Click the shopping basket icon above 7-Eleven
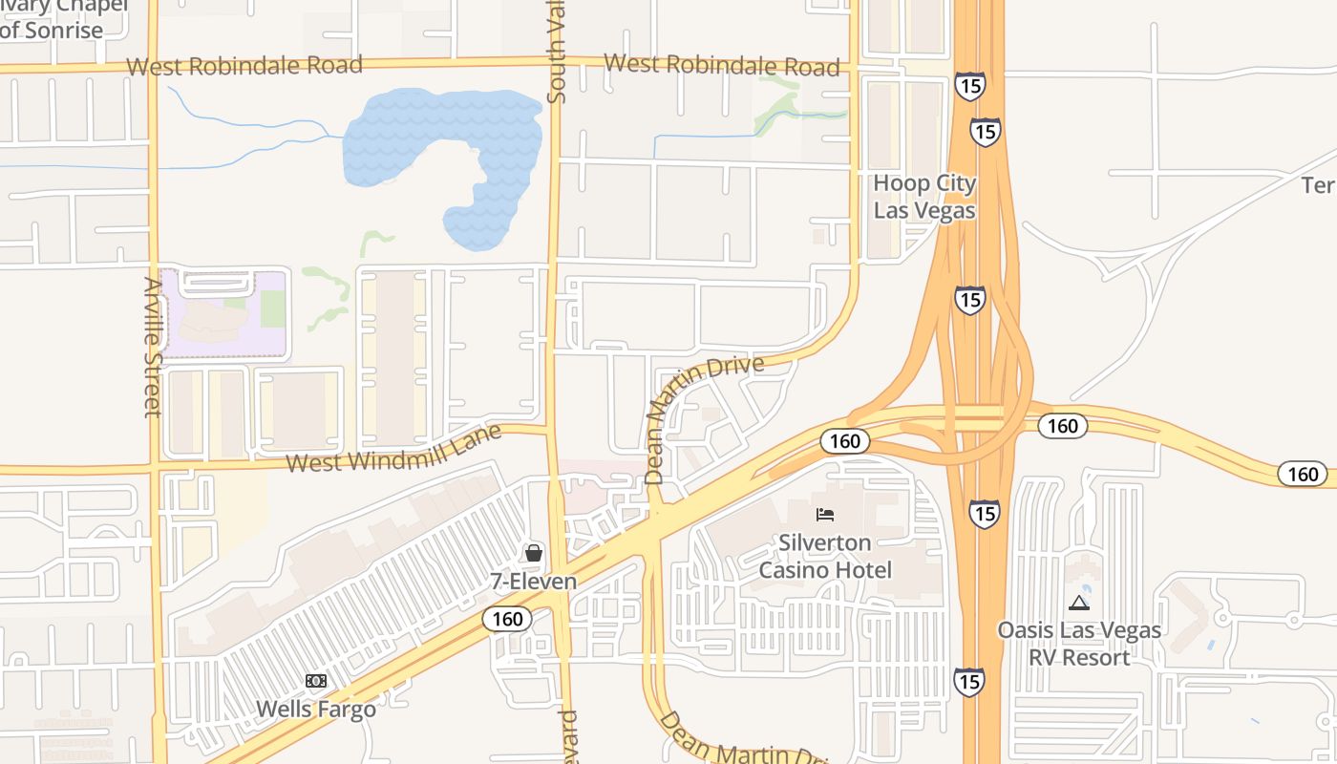(534, 552)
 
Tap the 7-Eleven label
(534, 581)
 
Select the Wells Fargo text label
(316, 710)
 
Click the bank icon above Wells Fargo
(316, 681)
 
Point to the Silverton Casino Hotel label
(825, 557)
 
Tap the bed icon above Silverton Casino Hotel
(825, 515)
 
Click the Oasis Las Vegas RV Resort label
(1079, 644)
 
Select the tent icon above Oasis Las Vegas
(1079, 603)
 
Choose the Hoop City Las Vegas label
(924, 197)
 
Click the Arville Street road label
(153, 347)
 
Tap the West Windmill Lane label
(394, 449)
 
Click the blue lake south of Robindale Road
(449, 143)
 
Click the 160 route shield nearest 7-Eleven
(507, 619)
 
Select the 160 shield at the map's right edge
(1303, 474)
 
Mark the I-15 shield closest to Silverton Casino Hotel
(985, 513)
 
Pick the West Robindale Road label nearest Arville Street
(244, 66)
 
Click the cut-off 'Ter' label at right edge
(1319, 184)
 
